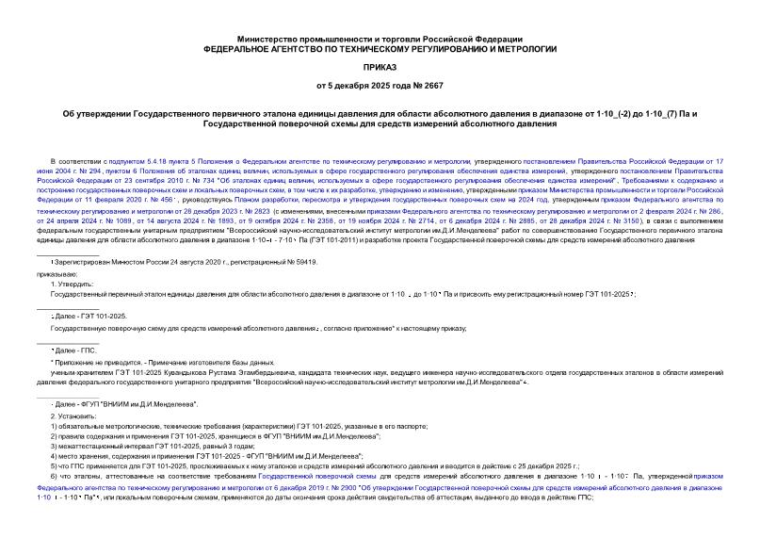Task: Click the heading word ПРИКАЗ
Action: click(x=380, y=68)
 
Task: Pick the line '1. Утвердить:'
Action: click(x=72, y=282)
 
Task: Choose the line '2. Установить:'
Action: click(x=73, y=416)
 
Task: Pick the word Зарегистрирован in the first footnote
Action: click(x=82, y=259)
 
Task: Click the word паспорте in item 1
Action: click(x=365, y=427)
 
